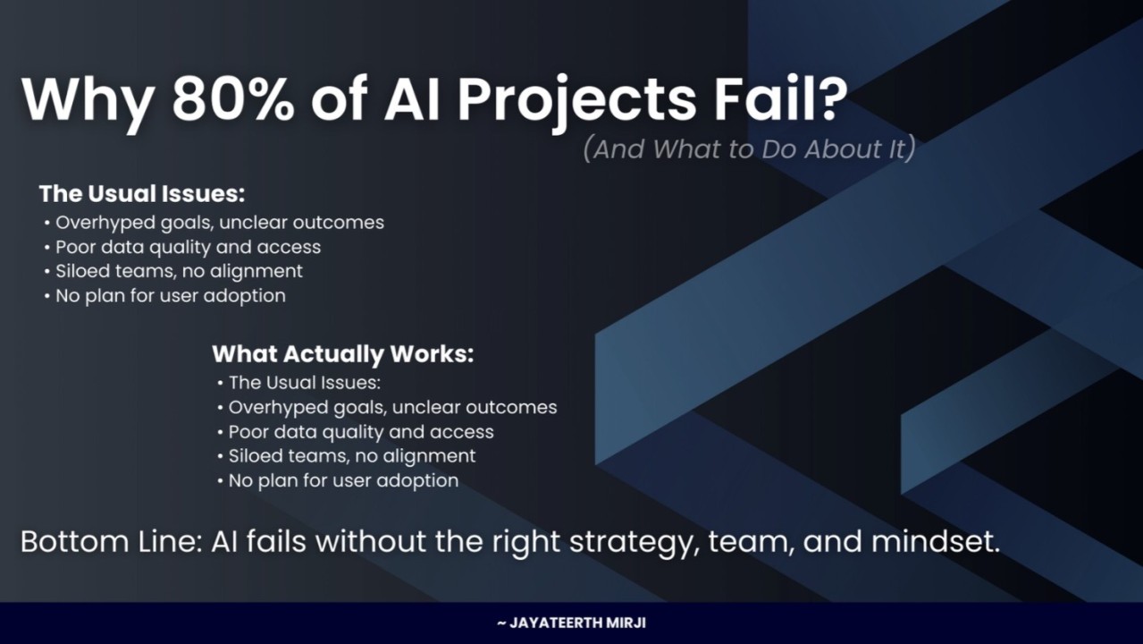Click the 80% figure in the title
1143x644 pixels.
coord(233,98)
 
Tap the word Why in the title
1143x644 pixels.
coord(88,102)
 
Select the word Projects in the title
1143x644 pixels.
coord(577,102)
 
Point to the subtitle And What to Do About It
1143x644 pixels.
coord(750,149)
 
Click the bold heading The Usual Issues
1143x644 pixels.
coord(142,194)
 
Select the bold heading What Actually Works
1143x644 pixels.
coord(343,354)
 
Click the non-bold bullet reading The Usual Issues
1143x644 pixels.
coord(299,383)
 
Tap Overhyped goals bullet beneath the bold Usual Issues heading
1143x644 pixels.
coord(214,224)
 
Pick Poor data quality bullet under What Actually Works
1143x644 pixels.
coord(356,433)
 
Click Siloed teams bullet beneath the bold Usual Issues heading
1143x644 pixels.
coord(173,271)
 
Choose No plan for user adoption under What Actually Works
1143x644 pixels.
coord(338,481)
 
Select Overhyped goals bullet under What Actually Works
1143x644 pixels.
coord(387,408)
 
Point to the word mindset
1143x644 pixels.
coord(936,542)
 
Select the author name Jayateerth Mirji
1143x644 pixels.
coord(572,623)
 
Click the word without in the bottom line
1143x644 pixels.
coord(371,542)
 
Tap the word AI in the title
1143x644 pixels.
coord(412,99)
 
